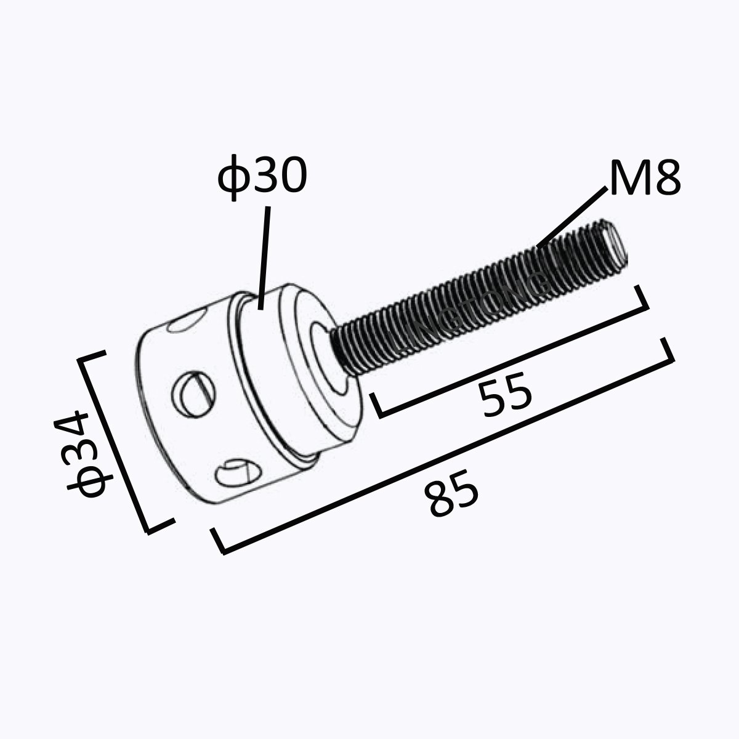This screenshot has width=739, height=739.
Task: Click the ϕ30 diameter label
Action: coord(262,175)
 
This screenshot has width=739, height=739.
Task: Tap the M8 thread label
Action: coord(644,178)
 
